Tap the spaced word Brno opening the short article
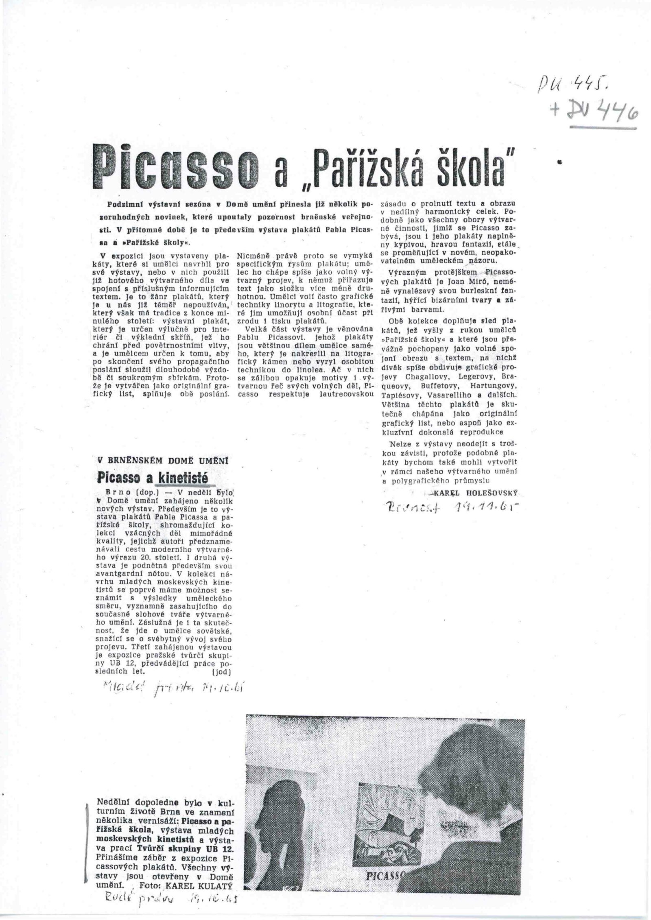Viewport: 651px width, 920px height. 111,491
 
